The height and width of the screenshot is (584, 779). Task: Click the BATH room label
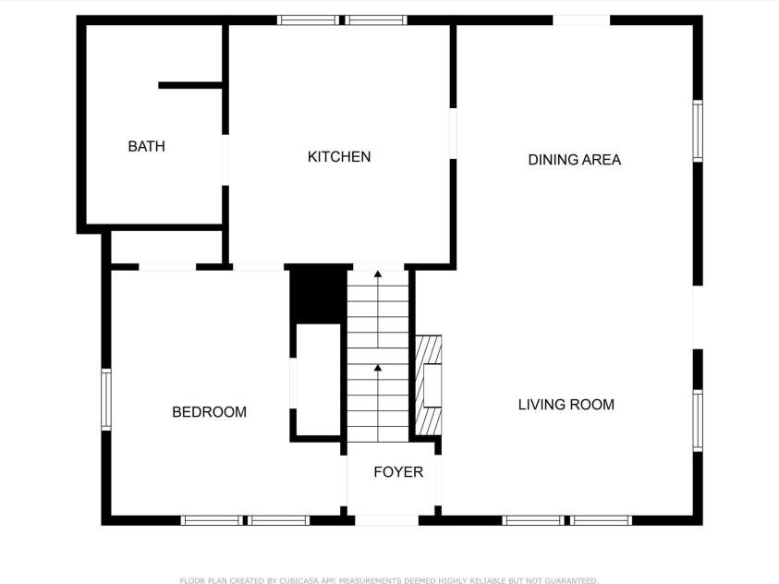(146, 146)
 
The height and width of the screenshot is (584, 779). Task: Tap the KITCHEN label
(339, 157)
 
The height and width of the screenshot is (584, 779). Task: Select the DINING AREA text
(574, 160)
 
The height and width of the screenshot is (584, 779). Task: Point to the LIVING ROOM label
(566, 405)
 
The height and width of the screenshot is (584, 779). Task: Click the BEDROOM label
(209, 412)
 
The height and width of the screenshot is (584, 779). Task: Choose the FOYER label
(398, 472)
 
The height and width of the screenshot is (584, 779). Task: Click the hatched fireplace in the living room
(428, 384)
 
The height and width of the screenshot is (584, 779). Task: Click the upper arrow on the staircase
(377, 275)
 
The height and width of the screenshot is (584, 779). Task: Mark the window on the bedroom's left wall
(105, 399)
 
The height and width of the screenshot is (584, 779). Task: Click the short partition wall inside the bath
(190, 85)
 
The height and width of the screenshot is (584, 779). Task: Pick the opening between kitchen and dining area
(453, 134)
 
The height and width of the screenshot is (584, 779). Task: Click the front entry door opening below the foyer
(386, 521)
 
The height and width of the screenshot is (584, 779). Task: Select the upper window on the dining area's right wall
(698, 131)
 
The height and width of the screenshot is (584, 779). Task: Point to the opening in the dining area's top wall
(581, 19)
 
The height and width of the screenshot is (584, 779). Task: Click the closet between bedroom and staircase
(317, 380)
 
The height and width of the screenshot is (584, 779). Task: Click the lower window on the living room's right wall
(698, 420)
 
